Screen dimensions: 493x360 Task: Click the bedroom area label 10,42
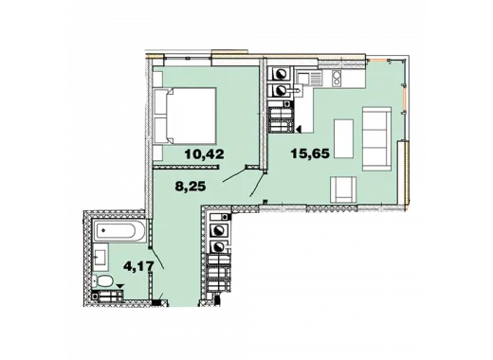(205, 154)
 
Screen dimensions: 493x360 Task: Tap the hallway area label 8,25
(191, 186)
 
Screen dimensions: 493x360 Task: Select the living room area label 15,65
(310, 153)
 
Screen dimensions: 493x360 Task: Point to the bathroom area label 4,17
(138, 266)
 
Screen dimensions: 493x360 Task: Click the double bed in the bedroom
(184, 116)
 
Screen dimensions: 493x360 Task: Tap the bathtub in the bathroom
(119, 231)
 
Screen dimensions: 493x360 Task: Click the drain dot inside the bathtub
(103, 230)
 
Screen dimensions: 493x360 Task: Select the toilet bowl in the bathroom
(103, 280)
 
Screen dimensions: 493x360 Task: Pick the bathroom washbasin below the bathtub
(100, 257)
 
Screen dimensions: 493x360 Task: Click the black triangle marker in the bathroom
(119, 286)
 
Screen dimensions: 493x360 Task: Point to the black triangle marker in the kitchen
(299, 128)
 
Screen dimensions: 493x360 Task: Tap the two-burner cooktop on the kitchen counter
(337, 78)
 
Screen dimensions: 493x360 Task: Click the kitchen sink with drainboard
(309, 79)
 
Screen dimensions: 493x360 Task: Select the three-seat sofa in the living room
(376, 138)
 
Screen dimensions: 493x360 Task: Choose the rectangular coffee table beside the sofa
(344, 138)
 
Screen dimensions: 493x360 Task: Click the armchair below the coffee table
(343, 189)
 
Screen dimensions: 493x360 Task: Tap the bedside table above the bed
(157, 79)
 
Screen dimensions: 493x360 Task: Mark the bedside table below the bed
(157, 153)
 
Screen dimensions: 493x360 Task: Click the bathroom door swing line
(157, 259)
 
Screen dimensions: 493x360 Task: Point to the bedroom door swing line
(234, 175)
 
